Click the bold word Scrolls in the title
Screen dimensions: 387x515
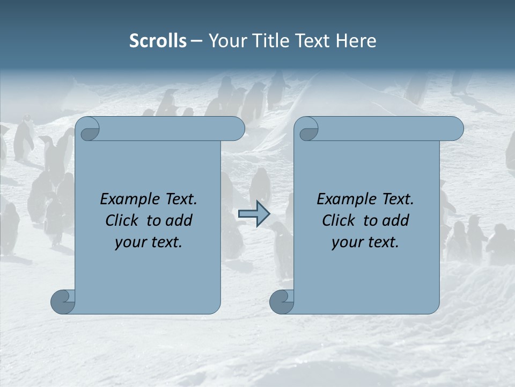coord(158,41)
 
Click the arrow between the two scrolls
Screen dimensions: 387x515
coord(254,214)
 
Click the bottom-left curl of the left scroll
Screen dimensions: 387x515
coord(63,302)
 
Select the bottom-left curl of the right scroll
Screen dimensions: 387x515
coord(282,302)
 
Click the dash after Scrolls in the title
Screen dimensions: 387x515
coord(197,41)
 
